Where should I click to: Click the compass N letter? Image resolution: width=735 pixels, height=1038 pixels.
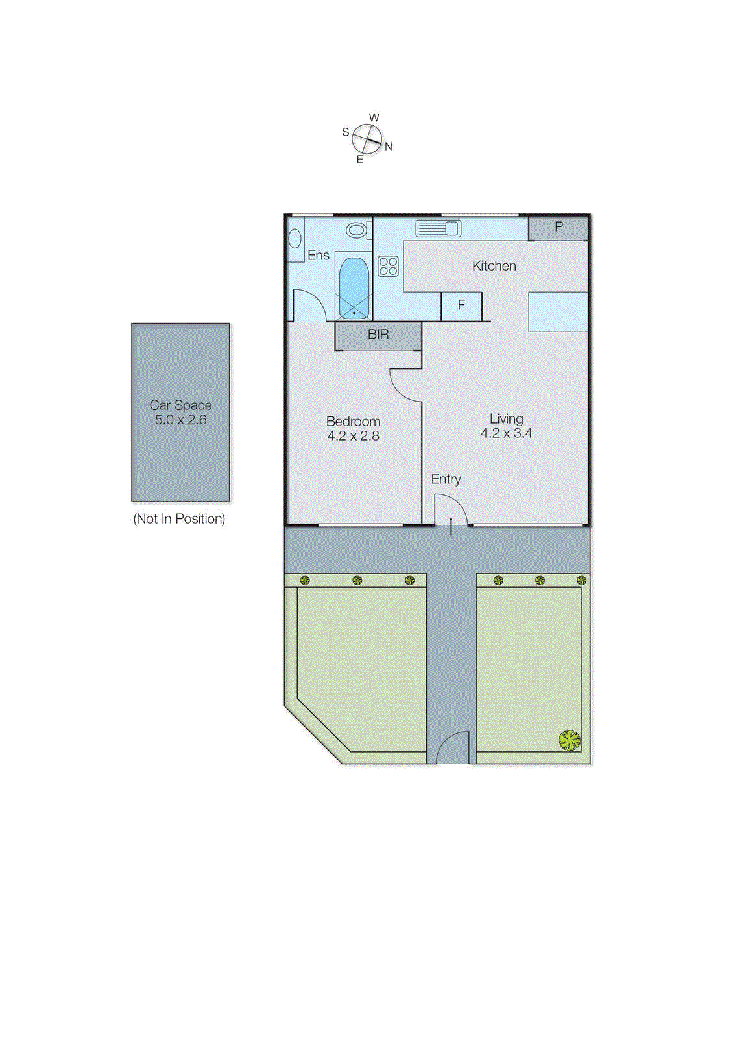(388, 147)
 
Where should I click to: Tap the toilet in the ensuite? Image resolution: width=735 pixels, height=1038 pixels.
(357, 230)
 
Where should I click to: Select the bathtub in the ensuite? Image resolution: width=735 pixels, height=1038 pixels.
(354, 287)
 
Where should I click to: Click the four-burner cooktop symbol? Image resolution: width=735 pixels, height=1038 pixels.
(388, 266)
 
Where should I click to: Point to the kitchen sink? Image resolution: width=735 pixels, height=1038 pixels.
(438, 228)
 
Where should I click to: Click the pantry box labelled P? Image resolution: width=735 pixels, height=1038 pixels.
(559, 228)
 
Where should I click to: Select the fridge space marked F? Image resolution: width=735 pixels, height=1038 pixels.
(461, 306)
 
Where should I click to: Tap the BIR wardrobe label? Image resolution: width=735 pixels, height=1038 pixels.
(378, 335)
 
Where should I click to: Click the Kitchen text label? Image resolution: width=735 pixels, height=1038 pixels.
(494, 266)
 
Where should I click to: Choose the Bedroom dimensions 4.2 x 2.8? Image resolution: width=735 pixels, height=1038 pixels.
(353, 436)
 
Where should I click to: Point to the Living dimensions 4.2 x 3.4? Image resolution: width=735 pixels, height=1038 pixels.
(506, 433)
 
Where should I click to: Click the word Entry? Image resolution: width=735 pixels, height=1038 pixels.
(446, 479)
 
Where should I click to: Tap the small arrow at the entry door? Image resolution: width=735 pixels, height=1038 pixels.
(451, 524)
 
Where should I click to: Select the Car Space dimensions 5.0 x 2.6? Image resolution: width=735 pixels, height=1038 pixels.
(180, 420)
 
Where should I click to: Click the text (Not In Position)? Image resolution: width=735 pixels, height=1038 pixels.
(179, 519)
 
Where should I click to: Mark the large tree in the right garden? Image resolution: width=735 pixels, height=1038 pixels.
(569, 740)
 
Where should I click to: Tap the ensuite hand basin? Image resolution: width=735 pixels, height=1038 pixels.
(295, 239)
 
